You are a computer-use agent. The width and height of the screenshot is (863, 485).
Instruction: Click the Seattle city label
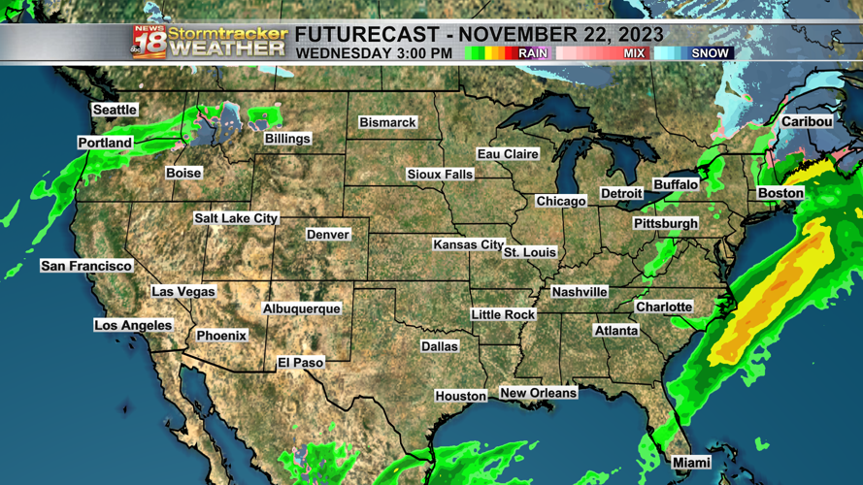pos(115,110)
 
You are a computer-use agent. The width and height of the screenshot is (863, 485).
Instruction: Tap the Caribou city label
pos(807,121)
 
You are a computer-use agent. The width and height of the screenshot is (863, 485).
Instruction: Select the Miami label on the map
pos(691,463)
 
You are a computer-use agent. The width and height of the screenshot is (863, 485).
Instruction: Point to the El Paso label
pos(301,362)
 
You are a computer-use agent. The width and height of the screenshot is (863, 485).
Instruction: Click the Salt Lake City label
pos(236,218)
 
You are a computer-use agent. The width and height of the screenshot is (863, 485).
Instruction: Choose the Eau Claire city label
pos(508,154)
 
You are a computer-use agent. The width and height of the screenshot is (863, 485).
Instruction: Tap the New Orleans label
pos(538,393)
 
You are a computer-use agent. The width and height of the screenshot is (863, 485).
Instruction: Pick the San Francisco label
pos(86,266)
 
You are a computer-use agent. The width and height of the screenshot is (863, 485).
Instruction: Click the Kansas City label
pos(468,244)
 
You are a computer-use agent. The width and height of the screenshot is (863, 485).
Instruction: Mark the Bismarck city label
pos(387,122)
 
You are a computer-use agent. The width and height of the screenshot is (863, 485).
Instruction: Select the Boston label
pos(780,193)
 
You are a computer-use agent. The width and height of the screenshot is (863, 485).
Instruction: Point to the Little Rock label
pos(503,314)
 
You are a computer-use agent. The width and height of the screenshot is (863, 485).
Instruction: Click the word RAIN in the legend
pos(533,53)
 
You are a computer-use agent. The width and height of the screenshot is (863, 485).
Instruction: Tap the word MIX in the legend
pos(634,53)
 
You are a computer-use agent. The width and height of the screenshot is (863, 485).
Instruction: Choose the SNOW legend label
pos(710,53)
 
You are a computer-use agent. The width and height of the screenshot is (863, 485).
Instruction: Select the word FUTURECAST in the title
pos(359,34)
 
